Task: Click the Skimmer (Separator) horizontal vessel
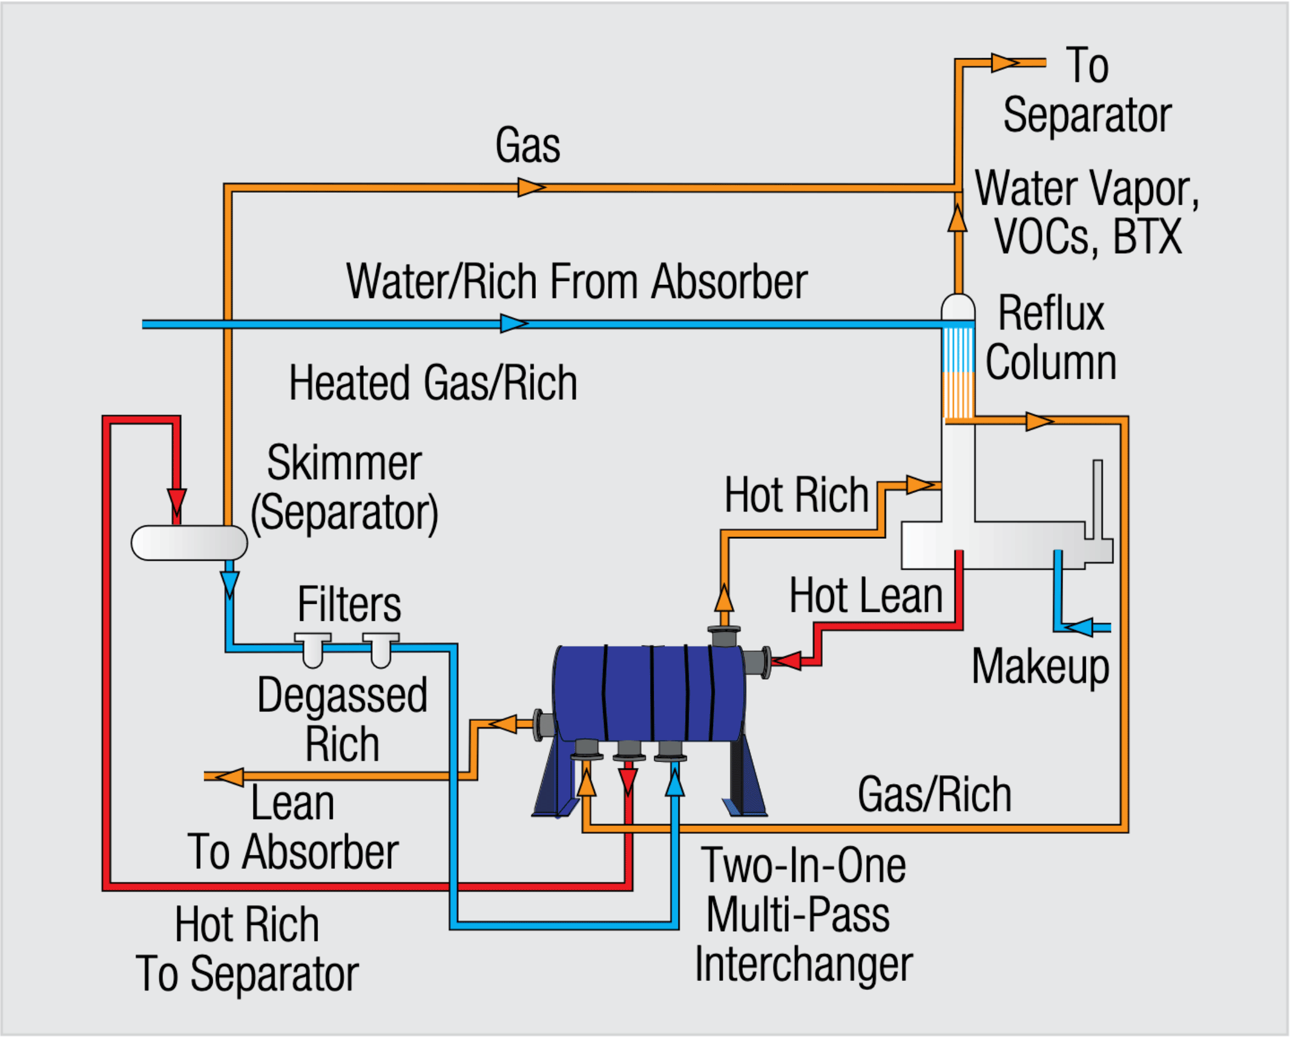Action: (x=189, y=543)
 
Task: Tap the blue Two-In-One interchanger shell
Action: (x=649, y=694)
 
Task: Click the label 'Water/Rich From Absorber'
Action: (x=577, y=282)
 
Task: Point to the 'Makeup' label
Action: (x=1040, y=667)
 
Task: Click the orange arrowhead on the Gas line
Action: (x=531, y=187)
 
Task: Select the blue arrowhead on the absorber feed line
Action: (x=513, y=324)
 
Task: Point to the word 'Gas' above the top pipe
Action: (x=528, y=145)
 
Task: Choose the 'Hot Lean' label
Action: (x=866, y=595)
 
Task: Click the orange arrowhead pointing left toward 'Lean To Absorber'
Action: (x=230, y=777)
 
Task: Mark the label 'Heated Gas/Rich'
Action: (x=433, y=383)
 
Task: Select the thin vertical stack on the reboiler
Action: (x=1097, y=499)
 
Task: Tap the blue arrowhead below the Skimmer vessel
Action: (x=230, y=583)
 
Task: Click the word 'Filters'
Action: (x=350, y=604)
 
